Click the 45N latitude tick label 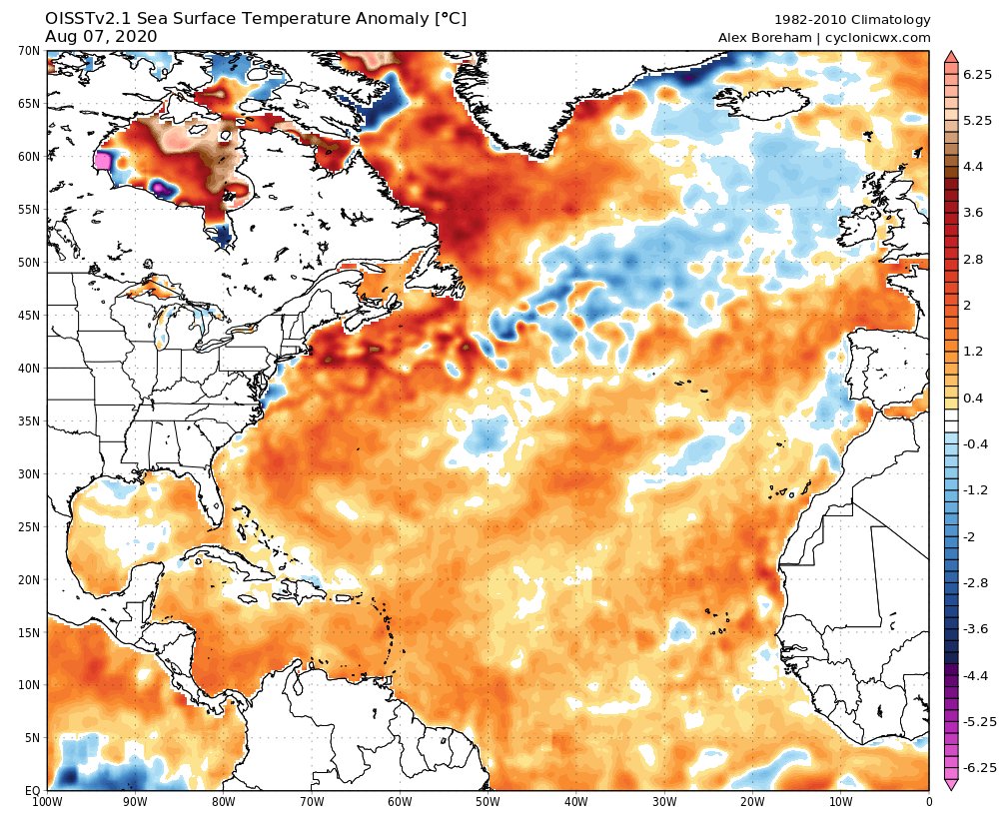[28, 315]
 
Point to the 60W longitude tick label [400, 800]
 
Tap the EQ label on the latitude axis [32, 791]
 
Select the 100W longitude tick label [47, 800]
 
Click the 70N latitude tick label [28, 50]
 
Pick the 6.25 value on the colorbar [976, 75]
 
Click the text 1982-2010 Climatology [852, 20]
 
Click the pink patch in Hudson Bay [102, 160]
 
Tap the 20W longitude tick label [752, 800]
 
